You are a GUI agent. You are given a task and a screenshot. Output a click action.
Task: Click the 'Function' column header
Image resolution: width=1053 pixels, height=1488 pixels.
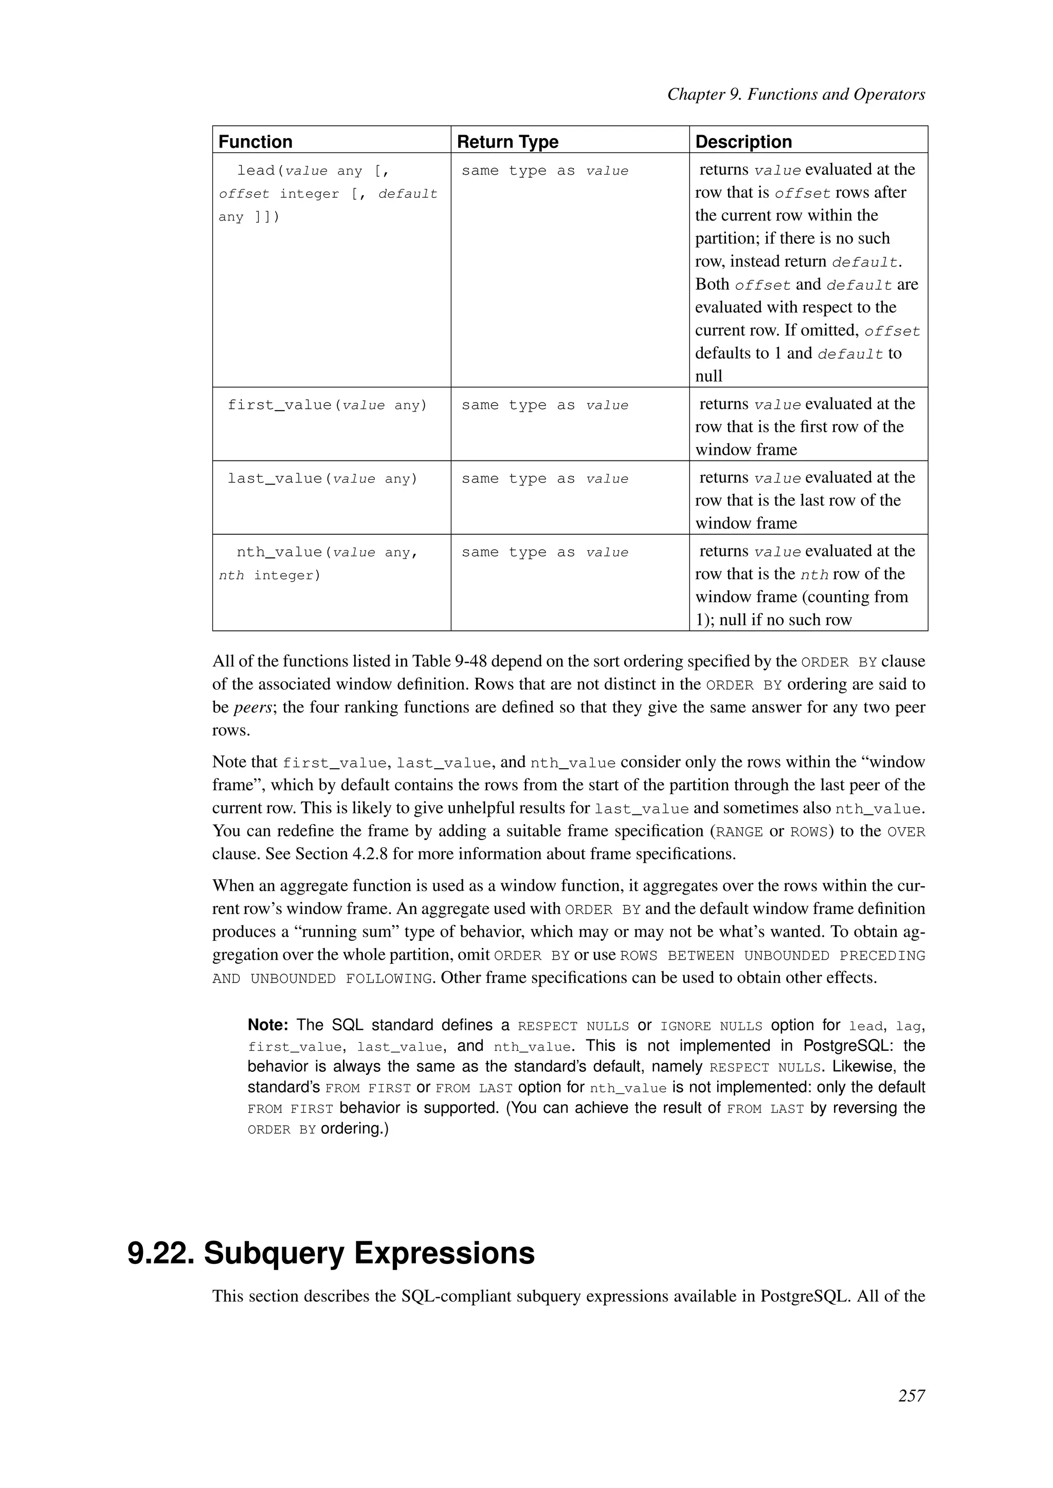(256, 141)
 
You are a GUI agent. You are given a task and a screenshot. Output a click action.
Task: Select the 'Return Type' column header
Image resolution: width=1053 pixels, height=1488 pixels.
(507, 141)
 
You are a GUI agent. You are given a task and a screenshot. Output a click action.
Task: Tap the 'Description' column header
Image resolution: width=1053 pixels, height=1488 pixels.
(743, 141)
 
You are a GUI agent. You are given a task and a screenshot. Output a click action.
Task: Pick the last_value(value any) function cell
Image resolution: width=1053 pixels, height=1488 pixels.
(322, 479)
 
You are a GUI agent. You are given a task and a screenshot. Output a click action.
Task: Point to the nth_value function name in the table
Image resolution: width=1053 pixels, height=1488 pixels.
(280, 552)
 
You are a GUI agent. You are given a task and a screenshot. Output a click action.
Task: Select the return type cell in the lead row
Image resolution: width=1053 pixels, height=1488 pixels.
(544, 171)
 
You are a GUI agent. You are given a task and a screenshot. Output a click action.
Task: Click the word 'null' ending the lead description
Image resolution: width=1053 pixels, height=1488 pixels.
(708, 377)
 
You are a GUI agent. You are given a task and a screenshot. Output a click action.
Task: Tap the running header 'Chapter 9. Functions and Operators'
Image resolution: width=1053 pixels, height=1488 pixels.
(795, 95)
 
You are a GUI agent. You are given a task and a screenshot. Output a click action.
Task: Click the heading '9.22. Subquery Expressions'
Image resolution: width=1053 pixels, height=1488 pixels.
(331, 1253)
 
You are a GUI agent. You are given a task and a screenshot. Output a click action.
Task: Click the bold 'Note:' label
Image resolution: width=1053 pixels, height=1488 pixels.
(268, 1025)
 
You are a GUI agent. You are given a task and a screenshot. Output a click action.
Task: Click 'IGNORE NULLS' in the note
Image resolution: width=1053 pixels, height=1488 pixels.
(711, 1027)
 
